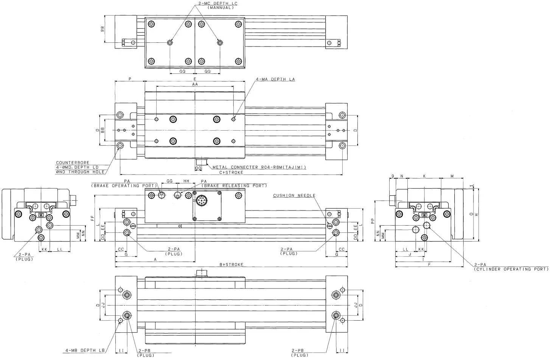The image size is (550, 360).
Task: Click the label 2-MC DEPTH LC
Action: (x=218, y=3)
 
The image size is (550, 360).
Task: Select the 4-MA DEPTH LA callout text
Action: (x=275, y=79)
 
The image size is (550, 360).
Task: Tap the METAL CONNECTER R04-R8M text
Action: (x=259, y=167)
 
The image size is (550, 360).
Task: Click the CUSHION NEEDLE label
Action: (x=294, y=196)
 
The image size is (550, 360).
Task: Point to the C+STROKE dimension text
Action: (x=231, y=172)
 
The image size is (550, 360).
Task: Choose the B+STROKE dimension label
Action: (x=231, y=264)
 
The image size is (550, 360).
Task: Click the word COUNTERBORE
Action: (x=73, y=163)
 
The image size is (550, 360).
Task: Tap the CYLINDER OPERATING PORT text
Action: (x=511, y=269)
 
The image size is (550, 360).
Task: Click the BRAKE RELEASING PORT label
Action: (x=234, y=186)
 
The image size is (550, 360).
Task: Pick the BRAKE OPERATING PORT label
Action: (x=124, y=186)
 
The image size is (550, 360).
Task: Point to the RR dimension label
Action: (x=103, y=29)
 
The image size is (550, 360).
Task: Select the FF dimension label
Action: (x=92, y=218)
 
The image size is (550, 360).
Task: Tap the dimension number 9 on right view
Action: (x=393, y=176)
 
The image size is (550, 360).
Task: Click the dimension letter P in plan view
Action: (x=130, y=79)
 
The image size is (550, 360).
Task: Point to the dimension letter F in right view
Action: (x=429, y=265)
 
